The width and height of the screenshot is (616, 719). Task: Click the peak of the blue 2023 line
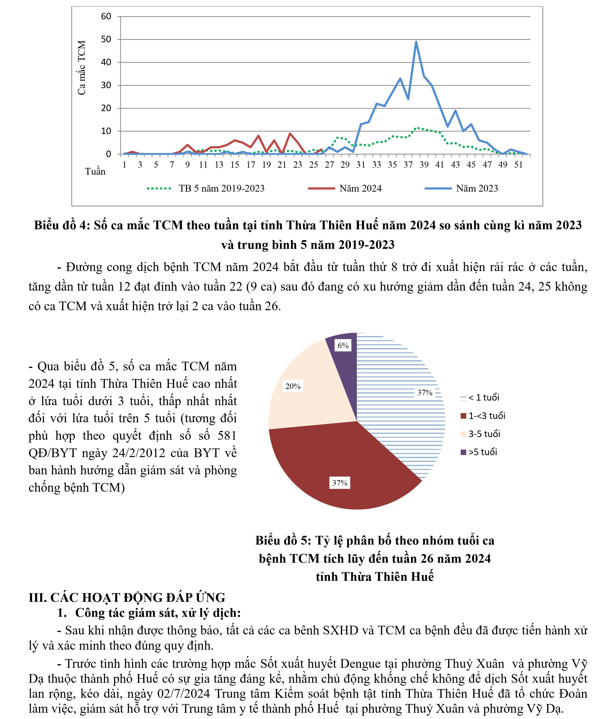pos(416,42)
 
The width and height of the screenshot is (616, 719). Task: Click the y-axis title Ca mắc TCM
pos(82,68)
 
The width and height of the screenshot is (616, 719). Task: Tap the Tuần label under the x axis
pos(95,172)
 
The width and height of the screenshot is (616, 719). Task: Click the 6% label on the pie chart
pos(343,345)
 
